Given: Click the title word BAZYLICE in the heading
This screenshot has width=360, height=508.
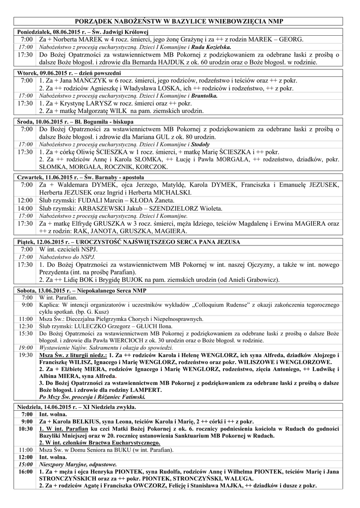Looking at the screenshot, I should click(x=195, y=22).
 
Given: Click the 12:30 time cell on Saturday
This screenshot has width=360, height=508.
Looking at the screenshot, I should click(x=26, y=326).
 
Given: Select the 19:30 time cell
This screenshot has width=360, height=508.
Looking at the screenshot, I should click(x=26, y=355).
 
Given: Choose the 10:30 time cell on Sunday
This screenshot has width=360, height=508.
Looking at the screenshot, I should click(x=25, y=428).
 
